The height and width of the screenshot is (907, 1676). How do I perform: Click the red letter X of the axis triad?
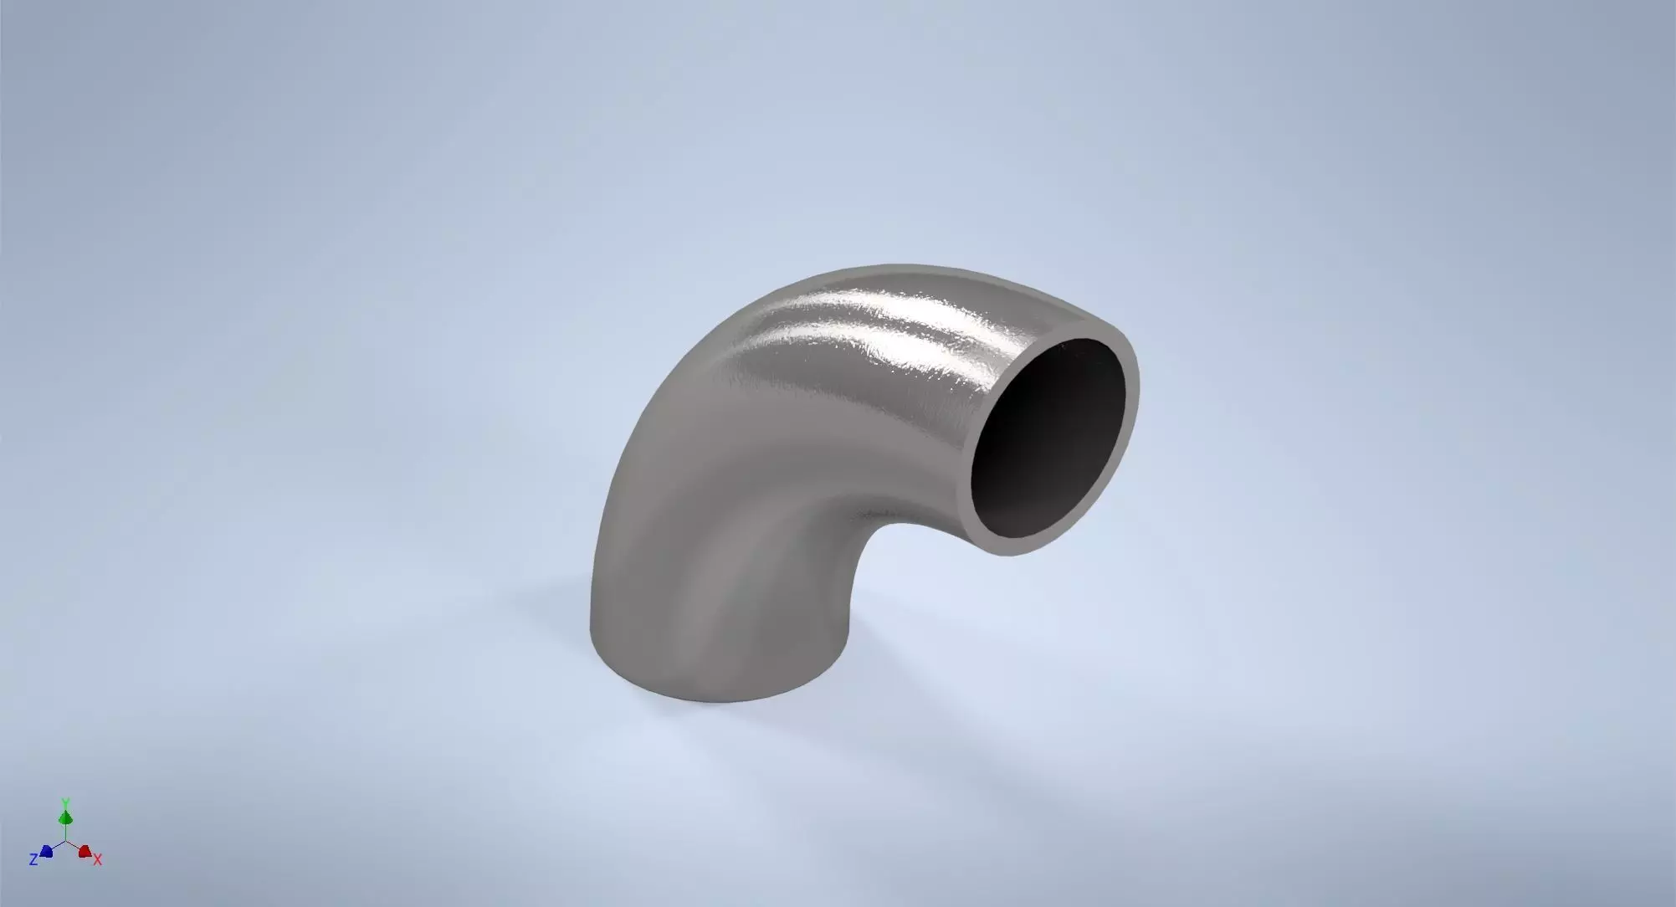pos(98,860)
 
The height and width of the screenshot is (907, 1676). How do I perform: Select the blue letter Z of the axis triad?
pos(33,859)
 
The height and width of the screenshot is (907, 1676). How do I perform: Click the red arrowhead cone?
pos(84,851)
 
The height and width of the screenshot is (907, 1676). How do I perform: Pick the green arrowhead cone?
pos(65,816)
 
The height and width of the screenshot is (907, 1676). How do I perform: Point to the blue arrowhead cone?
pos(47,851)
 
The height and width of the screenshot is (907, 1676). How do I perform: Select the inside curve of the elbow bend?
pos(870,535)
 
